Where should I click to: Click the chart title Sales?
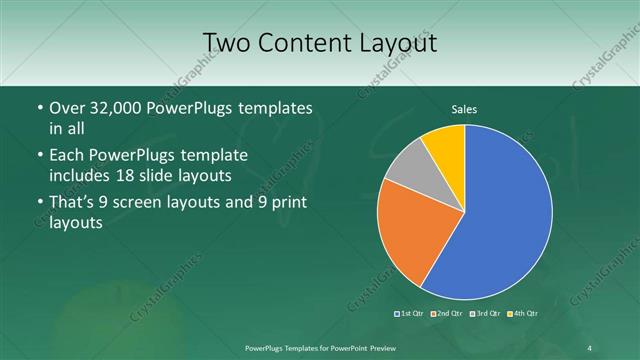click(x=464, y=107)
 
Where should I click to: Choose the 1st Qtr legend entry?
click(x=410, y=314)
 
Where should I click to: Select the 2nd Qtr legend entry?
click(x=446, y=314)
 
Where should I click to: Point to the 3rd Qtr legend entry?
click(x=484, y=314)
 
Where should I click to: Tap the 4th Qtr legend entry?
click(x=522, y=314)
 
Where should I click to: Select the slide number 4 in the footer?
click(x=589, y=347)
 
